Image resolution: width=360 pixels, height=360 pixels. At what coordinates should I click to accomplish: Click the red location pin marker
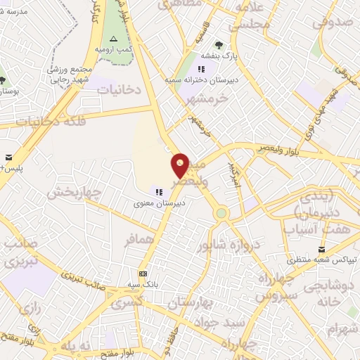[x=181, y=165]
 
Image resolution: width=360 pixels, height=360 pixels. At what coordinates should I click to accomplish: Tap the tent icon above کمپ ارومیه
[x=113, y=38]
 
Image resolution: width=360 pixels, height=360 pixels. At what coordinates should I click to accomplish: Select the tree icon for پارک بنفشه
[x=219, y=46]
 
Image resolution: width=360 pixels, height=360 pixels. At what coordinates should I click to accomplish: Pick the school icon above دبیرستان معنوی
[x=160, y=191]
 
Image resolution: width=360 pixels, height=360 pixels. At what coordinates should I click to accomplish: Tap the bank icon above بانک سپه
[x=143, y=273]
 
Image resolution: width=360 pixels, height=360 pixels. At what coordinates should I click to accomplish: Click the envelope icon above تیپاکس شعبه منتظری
[x=322, y=250]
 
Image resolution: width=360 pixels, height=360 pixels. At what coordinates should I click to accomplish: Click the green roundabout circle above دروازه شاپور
[x=221, y=212]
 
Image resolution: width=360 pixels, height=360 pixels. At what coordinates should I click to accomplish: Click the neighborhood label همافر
[x=139, y=240]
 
